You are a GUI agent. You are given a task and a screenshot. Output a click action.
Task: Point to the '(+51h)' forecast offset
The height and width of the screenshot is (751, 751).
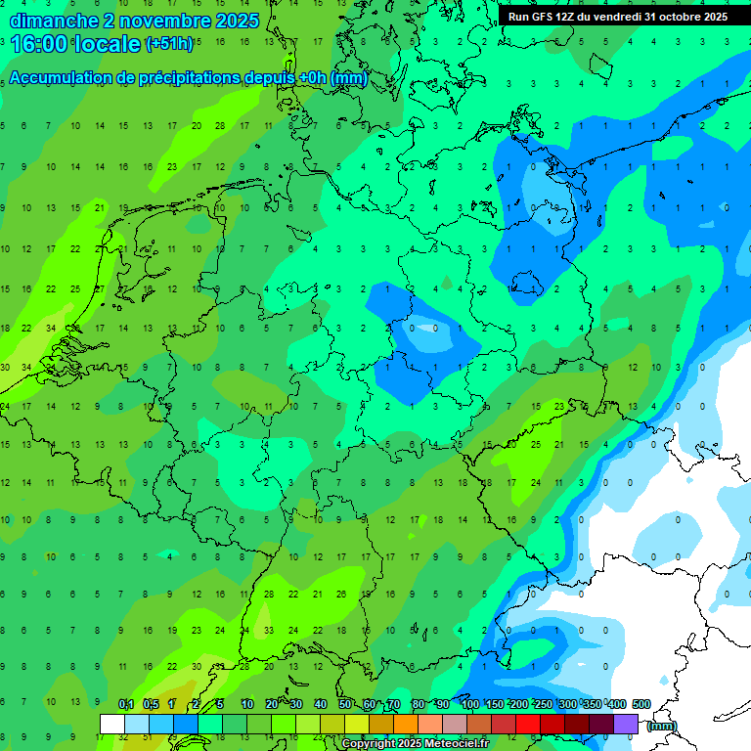coord(169,44)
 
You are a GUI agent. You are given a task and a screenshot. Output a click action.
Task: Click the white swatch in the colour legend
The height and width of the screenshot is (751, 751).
coord(112,724)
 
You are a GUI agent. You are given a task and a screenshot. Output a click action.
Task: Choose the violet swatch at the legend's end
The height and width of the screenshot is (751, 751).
coord(626,724)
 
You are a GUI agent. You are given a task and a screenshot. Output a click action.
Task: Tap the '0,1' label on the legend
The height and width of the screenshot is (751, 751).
coord(126,704)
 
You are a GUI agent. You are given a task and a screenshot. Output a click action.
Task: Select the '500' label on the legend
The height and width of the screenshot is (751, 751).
coord(641,704)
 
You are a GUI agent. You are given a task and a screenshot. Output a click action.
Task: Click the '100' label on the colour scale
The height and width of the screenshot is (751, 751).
coord(469,704)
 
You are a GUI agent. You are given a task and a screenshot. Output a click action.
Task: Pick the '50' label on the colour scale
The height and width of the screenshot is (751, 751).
coord(345,704)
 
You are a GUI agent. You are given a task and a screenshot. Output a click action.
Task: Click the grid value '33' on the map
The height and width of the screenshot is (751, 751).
coord(269,631)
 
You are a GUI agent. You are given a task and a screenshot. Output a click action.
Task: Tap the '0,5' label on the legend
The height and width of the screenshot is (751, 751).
coord(151,704)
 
